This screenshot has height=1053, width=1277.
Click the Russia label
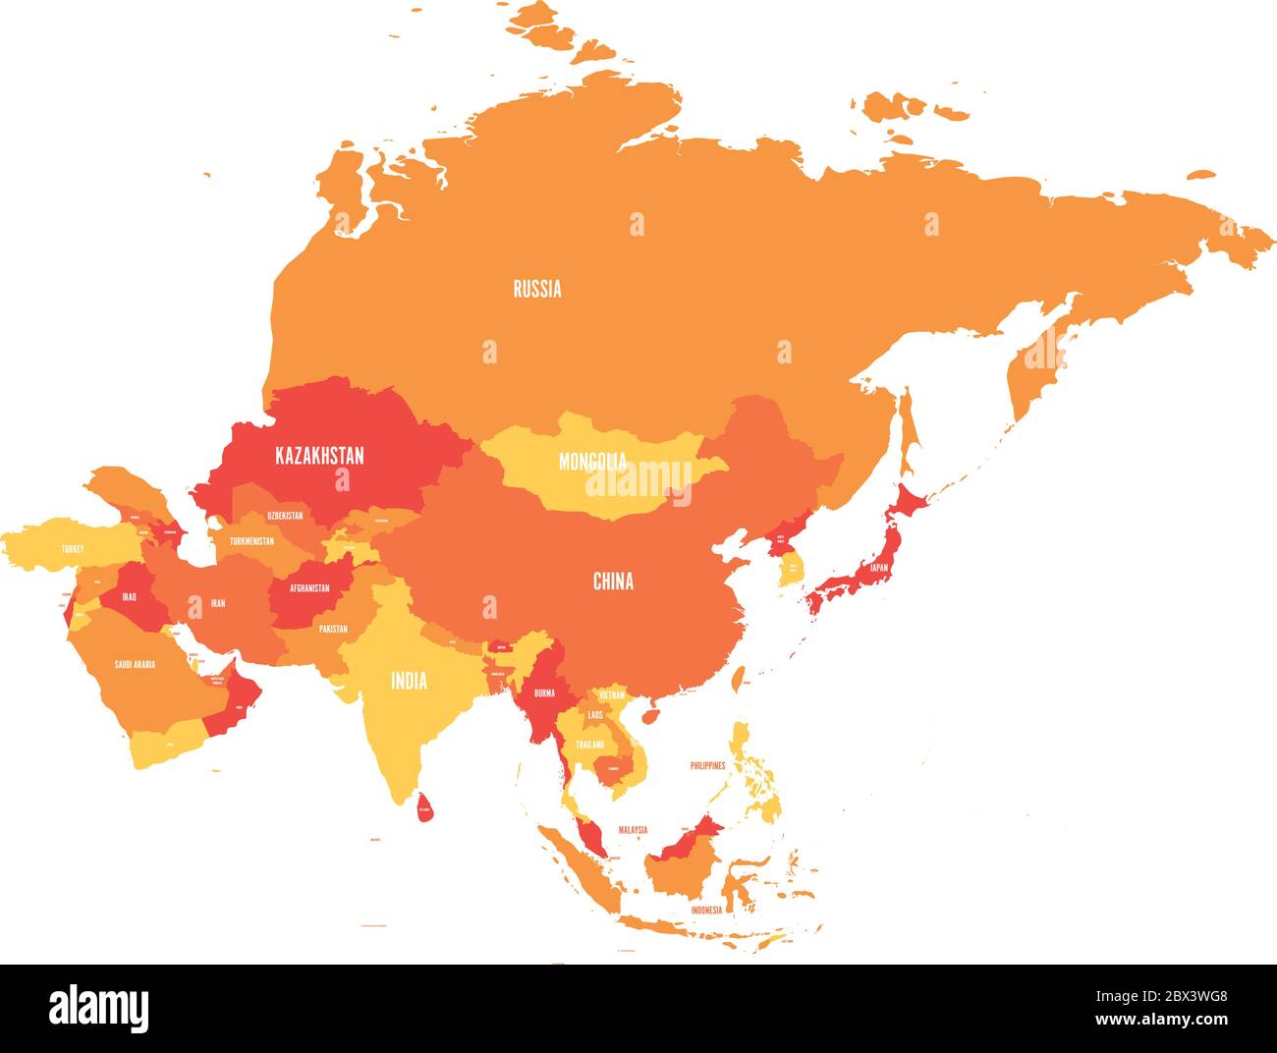(537, 289)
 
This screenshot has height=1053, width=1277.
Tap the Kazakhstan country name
(319, 456)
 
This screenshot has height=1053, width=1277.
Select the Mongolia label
(591, 461)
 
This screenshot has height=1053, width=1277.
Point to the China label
(613, 582)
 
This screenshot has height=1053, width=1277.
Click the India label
(409, 681)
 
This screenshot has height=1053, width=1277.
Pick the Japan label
(877, 567)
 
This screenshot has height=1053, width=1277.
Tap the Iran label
(217, 603)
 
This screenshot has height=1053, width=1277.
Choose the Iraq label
(130, 596)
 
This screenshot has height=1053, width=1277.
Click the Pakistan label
(334, 629)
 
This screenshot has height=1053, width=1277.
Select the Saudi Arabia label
(135, 665)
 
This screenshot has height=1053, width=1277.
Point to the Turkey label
(72, 549)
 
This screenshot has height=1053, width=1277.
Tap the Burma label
(543, 693)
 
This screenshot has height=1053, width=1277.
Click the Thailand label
(590, 746)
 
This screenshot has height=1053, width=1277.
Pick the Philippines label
(707, 764)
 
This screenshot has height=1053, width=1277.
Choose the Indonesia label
(705, 910)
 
